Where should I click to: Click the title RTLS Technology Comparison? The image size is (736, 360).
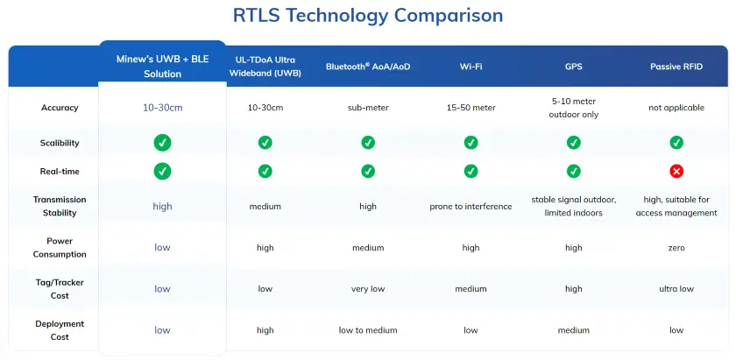[x=368, y=16]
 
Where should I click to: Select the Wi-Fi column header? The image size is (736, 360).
[x=471, y=67]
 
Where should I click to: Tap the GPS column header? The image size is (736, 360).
[x=573, y=67]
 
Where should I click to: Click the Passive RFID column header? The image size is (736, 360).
[x=676, y=67]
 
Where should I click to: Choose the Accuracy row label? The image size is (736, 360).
[x=60, y=108]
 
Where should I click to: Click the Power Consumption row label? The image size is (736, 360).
[x=60, y=247]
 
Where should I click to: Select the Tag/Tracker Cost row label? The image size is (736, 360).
[x=60, y=288]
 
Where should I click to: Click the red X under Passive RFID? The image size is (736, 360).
[x=676, y=171]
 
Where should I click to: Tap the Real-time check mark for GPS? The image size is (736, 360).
[x=573, y=171]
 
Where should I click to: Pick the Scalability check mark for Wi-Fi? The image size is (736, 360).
[x=471, y=142]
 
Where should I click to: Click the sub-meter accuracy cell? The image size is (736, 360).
[x=368, y=108]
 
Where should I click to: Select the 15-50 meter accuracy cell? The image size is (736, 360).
[x=471, y=108]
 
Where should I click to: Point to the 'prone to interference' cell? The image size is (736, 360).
[x=471, y=207]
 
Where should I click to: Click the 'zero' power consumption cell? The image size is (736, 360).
[x=676, y=248]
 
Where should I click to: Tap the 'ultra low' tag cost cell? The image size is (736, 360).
[x=676, y=289]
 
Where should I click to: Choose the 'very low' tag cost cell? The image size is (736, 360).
[x=368, y=289]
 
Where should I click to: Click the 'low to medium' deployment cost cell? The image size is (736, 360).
[x=368, y=330]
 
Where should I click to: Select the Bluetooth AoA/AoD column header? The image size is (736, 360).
[x=368, y=67]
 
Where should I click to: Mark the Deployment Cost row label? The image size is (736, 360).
[x=60, y=329]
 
